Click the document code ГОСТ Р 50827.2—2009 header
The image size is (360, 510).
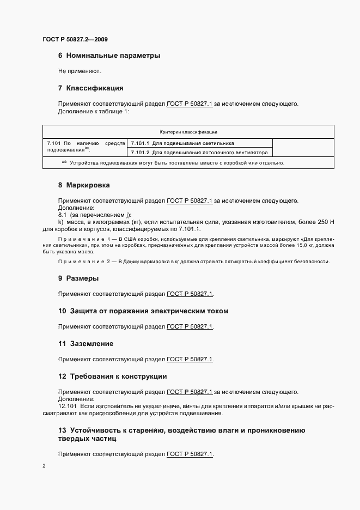click(78, 39)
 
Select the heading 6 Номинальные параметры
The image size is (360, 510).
click(109, 56)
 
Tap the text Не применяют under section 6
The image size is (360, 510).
click(80, 71)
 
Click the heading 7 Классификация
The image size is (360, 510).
click(91, 88)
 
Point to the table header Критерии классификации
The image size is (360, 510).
click(188, 131)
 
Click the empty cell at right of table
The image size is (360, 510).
click(302, 148)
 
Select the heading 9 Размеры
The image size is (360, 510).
click(78, 278)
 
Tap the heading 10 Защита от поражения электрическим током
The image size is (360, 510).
click(143, 311)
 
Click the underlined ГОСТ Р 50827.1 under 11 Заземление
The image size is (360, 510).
click(190, 359)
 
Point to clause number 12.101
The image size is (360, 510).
click(68, 406)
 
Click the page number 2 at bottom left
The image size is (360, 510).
click(44, 466)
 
